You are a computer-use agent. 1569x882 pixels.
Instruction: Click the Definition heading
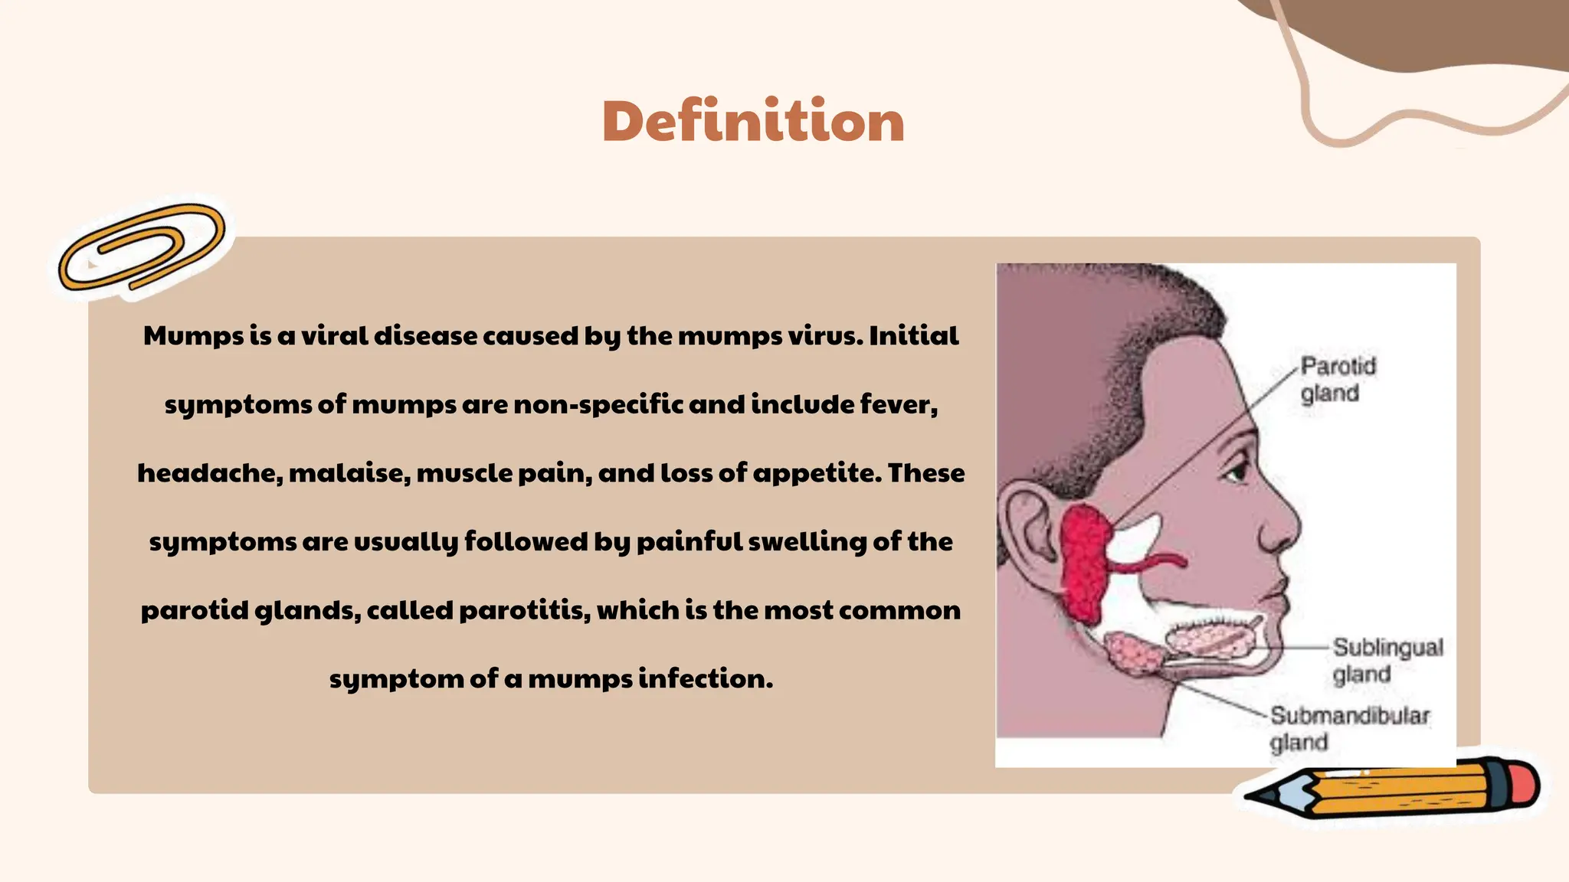pyautogui.click(x=753, y=121)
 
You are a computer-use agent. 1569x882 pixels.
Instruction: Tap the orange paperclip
pyautogui.click(x=142, y=247)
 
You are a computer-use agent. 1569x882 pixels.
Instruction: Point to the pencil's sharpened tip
pyautogui.click(x=1256, y=795)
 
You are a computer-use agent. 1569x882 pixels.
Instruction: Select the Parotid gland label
pyautogui.click(x=1337, y=380)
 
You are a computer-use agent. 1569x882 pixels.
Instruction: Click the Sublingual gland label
pyautogui.click(x=1387, y=660)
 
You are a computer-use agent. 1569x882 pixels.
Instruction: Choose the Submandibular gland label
pyautogui.click(x=1348, y=728)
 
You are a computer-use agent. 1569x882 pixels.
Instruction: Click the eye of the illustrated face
pyautogui.click(x=1236, y=469)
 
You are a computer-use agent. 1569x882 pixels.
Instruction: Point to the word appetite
pyautogui.click(x=817, y=473)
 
